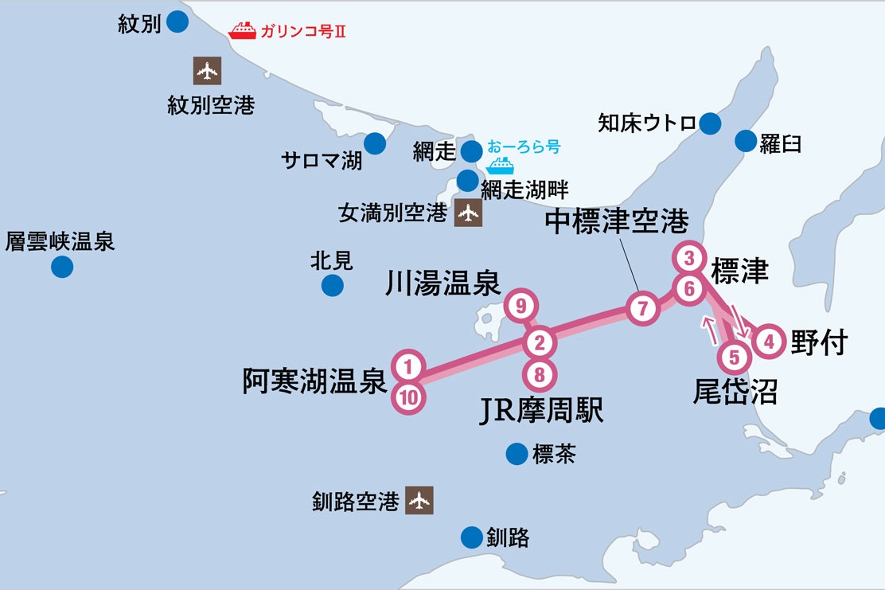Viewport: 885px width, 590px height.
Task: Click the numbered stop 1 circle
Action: click(407, 367)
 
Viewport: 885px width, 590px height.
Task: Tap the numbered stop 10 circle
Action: click(407, 397)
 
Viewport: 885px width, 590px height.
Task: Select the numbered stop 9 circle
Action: click(521, 305)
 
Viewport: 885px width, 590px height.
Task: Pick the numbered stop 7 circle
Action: click(643, 308)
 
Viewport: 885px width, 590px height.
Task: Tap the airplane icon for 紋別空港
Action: click(208, 72)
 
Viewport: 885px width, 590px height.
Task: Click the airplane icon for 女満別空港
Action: click(468, 213)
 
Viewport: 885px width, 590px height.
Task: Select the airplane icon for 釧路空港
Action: click(419, 501)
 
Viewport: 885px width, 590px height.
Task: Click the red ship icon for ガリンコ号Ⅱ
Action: click(242, 31)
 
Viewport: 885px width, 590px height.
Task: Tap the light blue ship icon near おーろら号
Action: click(501, 166)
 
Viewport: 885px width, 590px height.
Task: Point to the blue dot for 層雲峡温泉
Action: click(62, 267)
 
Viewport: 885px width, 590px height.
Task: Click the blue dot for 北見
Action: click(333, 285)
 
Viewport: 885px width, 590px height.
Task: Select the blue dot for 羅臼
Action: click(746, 141)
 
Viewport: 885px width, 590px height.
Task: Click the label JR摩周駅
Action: click(541, 410)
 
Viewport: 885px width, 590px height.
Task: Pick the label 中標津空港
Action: click(617, 223)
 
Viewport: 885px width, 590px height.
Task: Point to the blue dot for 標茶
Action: click(517, 454)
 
